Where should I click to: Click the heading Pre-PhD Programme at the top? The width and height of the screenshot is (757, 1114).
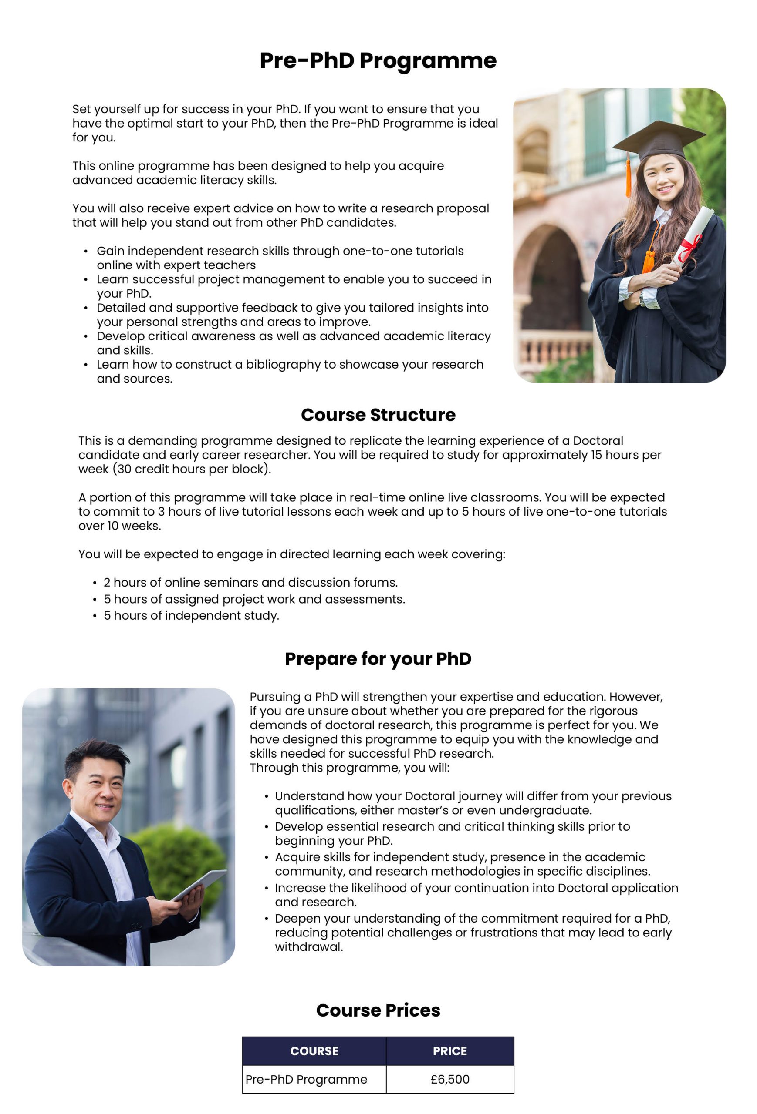[378, 61]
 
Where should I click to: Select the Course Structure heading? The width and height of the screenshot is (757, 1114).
[378, 415]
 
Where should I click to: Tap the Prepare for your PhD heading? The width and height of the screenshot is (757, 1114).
[378, 659]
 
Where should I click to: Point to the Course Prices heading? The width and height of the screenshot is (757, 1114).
[378, 1010]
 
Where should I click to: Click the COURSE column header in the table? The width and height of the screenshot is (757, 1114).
[314, 1051]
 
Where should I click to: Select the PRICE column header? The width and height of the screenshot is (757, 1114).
[449, 1051]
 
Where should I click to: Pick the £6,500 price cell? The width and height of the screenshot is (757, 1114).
[449, 1079]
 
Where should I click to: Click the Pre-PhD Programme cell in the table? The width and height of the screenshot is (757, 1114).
[306, 1079]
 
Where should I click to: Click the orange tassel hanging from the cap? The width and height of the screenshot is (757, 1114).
[628, 178]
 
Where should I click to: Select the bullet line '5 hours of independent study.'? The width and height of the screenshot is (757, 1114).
[191, 615]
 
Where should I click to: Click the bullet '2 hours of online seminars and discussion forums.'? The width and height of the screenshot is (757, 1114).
[250, 582]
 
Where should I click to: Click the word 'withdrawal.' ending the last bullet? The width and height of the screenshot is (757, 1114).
[308, 947]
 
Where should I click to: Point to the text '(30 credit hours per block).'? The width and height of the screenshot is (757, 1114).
[192, 469]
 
